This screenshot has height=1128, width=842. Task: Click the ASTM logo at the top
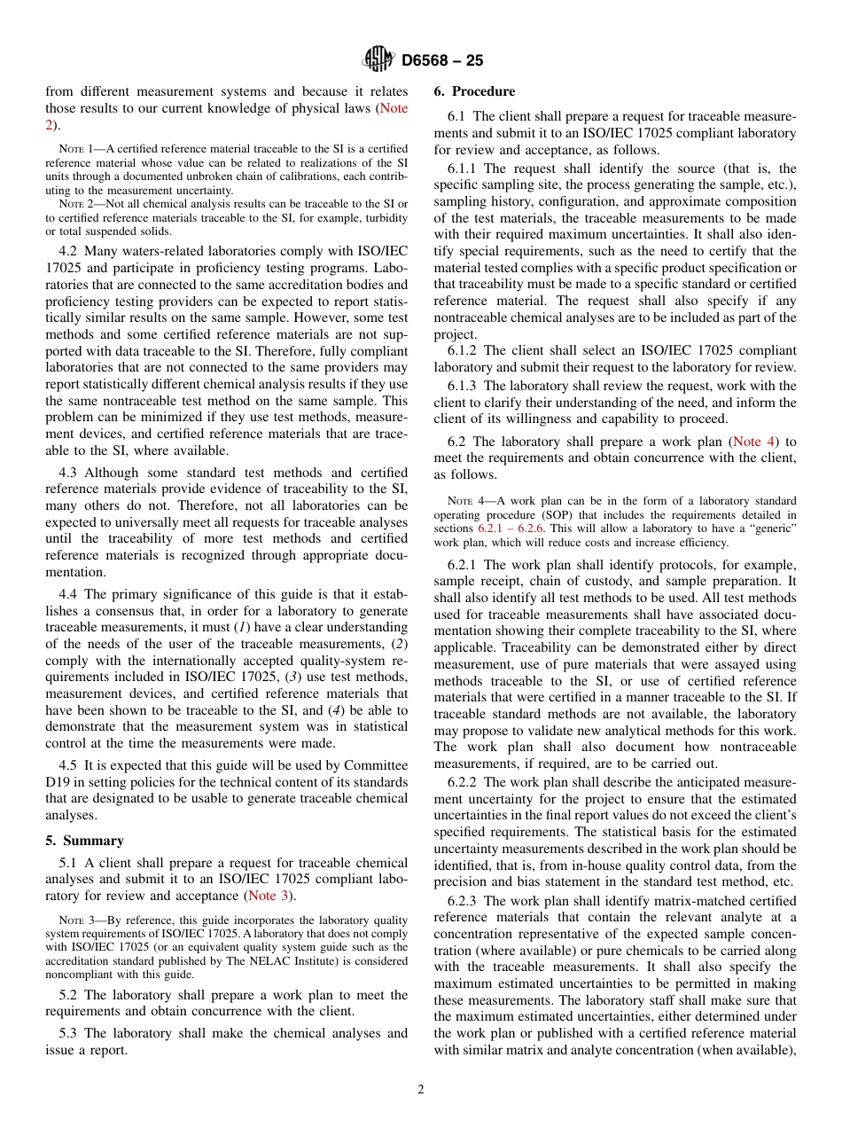click(x=378, y=60)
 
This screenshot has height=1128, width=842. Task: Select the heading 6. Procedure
click(x=474, y=91)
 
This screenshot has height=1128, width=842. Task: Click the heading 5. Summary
click(x=84, y=841)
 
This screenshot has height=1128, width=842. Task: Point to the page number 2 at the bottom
click(x=421, y=1090)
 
